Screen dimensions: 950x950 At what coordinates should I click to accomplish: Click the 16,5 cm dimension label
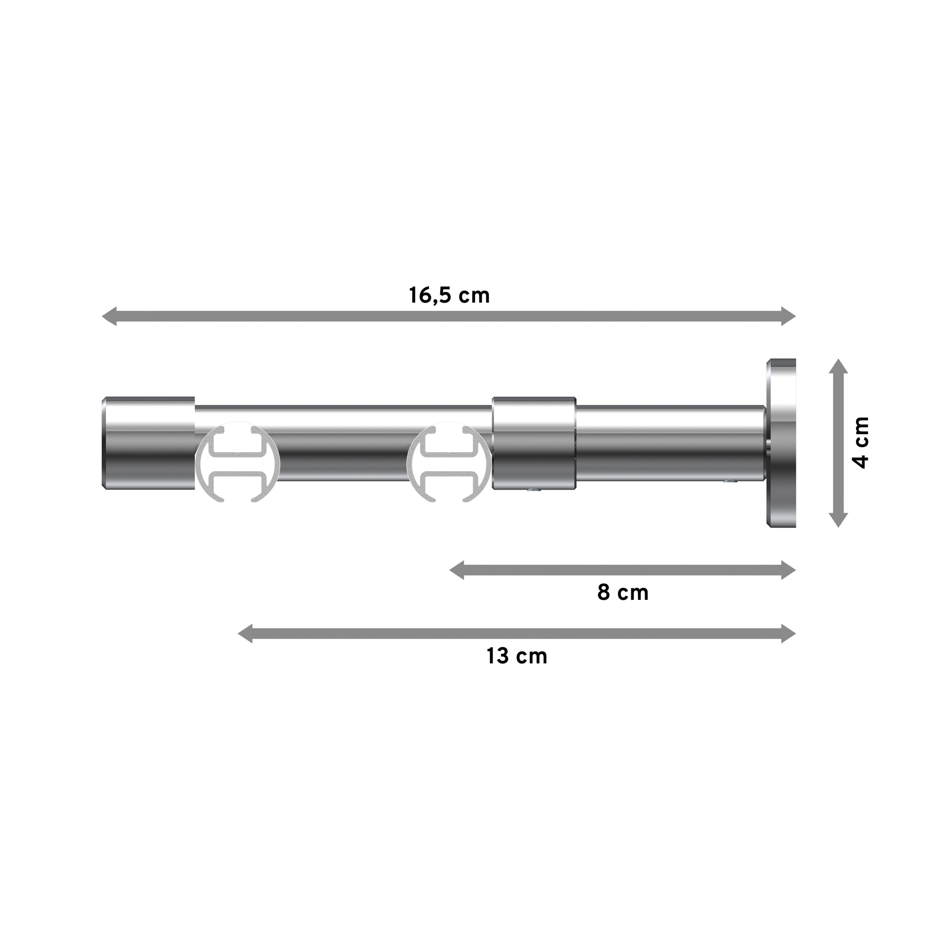[x=449, y=296]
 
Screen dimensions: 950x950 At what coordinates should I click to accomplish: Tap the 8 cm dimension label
[x=623, y=593]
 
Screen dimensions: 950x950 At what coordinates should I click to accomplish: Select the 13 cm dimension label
[x=517, y=656]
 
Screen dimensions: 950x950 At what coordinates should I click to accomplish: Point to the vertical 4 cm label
[x=862, y=443]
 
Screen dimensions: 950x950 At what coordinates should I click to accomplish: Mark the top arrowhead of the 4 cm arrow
[x=838, y=366]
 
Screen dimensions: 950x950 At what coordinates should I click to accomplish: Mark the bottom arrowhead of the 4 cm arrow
[x=838, y=520]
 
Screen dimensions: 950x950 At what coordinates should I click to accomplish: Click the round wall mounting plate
[x=781, y=443]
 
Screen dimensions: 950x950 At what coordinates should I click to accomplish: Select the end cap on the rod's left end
[x=149, y=443]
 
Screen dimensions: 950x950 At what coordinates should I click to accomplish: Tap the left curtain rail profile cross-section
[x=238, y=463]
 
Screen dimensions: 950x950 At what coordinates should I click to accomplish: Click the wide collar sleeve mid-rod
[x=534, y=443]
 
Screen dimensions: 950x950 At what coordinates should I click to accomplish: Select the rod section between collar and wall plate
[x=669, y=443]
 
